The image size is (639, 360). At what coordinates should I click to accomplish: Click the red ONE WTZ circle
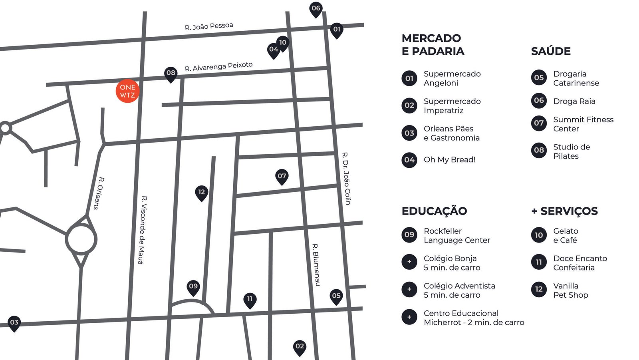click(127, 91)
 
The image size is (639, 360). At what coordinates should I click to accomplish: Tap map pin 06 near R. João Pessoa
click(316, 9)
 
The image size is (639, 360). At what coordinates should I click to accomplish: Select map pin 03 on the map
click(14, 323)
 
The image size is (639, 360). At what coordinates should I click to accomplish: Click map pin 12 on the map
click(201, 193)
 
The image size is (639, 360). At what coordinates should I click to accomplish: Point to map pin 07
click(282, 176)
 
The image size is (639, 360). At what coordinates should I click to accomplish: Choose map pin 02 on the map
click(300, 346)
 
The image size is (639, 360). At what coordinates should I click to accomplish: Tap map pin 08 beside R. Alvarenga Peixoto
click(171, 73)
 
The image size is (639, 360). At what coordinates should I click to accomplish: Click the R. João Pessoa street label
click(209, 26)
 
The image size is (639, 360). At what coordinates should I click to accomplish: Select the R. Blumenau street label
click(316, 265)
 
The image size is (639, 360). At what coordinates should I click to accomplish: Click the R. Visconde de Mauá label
click(142, 230)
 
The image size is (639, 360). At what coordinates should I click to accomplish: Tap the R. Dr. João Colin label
click(346, 178)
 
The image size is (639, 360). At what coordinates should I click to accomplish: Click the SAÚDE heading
click(551, 51)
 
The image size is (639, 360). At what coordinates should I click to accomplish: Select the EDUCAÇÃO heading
click(434, 211)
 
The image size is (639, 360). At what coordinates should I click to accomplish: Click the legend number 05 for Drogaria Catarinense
click(539, 78)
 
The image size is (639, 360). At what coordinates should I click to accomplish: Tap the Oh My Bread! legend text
click(449, 160)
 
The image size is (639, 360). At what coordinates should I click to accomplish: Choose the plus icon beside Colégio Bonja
click(409, 262)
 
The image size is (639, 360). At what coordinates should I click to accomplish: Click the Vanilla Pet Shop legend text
click(570, 290)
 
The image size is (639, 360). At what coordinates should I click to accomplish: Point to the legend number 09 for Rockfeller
click(409, 235)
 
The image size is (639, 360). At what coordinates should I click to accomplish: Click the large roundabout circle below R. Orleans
click(81, 239)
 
